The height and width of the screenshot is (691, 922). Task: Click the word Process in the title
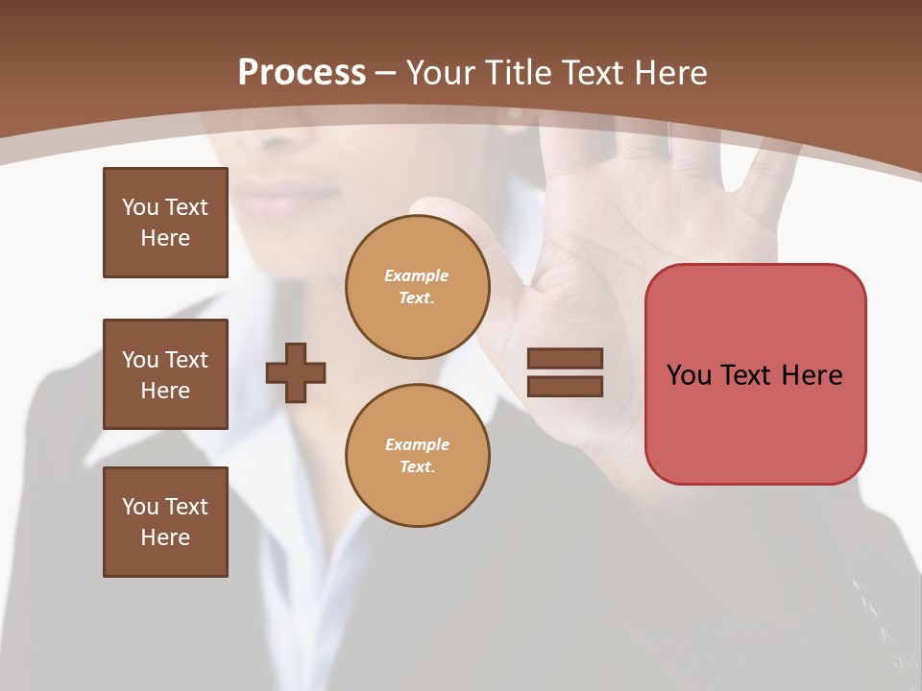(x=302, y=72)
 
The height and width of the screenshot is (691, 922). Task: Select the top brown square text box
(x=165, y=223)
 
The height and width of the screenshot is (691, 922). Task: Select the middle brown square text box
(x=165, y=374)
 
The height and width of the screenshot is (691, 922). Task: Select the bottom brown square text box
(x=165, y=522)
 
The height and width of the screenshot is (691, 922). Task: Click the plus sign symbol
(x=296, y=372)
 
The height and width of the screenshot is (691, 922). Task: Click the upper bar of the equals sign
(x=565, y=358)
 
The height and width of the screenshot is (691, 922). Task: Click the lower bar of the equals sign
(x=565, y=387)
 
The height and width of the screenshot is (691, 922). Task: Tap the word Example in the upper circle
(x=417, y=275)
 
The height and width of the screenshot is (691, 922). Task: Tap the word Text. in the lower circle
(x=417, y=466)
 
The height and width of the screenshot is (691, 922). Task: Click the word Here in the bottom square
(x=165, y=537)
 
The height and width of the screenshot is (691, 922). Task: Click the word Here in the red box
(x=812, y=374)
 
